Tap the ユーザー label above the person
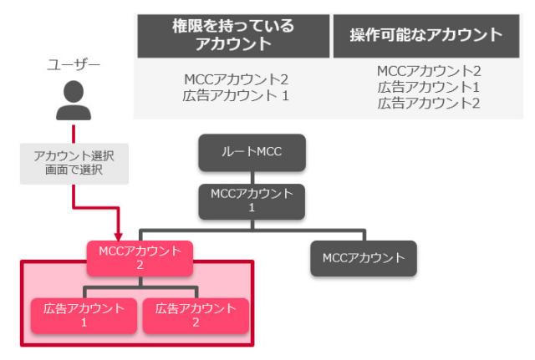pyautogui.click(x=74, y=64)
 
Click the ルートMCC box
pyautogui.click(x=252, y=154)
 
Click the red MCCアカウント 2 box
pyautogui.click(x=140, y=257)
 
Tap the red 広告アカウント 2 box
pyautogui.click(x=195, y=315)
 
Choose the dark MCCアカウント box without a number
pyautogui.click(x=363, y=257)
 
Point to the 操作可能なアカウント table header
pyautogui.click(x=426, y=35)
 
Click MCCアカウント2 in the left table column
pyautogui.click(x=236, y=80)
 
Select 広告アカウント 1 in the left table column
pyautogui.click(x=236, y=96)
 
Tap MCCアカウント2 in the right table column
pyautogui.click(x=429, y=72)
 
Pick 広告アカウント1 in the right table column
pyautogui.click(x=429, y=88)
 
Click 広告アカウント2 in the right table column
pyautogui.click(x=429, y=104)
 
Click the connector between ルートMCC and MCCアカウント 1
pyautogui.click(x=252, y=177)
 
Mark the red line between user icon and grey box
pyautogui.click(x=74, y=134)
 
